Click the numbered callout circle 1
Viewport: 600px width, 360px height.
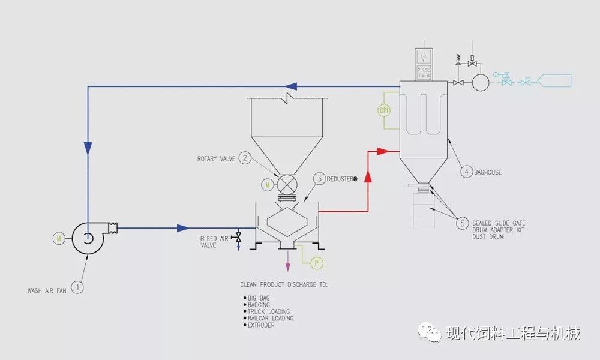[77, 287]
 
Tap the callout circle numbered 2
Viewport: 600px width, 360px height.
[245, 158]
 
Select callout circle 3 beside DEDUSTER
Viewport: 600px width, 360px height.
[320, 179]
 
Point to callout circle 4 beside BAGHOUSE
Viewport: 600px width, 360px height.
[466, 172]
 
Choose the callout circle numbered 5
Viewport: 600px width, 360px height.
[462, 224]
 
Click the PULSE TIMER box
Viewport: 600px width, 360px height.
[424, 73]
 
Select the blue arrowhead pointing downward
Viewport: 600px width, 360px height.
[88, 146]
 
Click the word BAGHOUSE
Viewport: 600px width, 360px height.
[488, 172]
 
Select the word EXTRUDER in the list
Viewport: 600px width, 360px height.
[261, 325]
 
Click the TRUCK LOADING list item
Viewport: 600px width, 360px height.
[268, 311]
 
